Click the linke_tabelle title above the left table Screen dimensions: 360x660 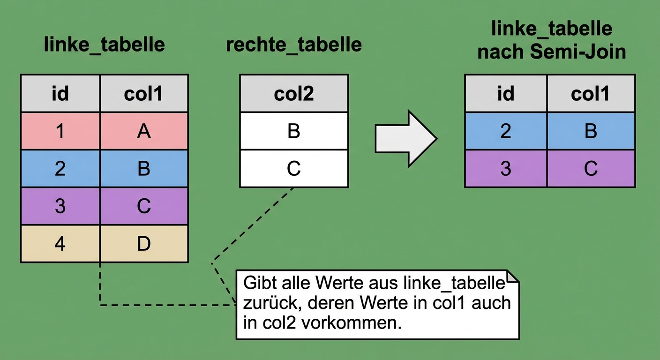coord(104,45)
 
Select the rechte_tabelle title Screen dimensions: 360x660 coord(293,45)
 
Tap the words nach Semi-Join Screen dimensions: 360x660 coord(552,52)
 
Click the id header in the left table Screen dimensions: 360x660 coord(60,94)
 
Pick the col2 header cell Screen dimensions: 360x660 coord(293,94)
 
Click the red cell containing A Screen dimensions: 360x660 coord(144,131)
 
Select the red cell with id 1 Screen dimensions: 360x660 coord(60,131)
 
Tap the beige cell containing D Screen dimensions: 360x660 coord(144,244)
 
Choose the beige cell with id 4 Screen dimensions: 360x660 coord(60,244)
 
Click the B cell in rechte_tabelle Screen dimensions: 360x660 coord(293,131)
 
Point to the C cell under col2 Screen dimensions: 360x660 coord(293,168)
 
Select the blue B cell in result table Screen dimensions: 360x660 coord(591,131)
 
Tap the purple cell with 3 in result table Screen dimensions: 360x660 coord(505,168)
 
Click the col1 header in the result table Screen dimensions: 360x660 coord(591,94)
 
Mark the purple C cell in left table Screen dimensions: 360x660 coord(144,206)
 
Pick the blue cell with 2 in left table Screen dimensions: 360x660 coord(60,169)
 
